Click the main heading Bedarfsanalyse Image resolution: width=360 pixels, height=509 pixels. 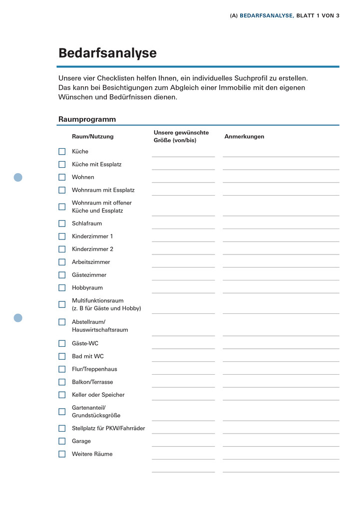[x=107, y=53]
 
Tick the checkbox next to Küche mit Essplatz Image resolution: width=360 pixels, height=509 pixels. [x=62, y=164]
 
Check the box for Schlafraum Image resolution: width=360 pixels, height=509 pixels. [x=62, y=224]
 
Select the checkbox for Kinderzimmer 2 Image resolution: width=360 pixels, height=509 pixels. [x=62, y=249]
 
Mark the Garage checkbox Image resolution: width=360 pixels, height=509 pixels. [x=62, y=441]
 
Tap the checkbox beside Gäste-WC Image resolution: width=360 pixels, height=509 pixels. [x=62, y=343]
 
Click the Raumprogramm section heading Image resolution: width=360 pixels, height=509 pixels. [x=87, y=119]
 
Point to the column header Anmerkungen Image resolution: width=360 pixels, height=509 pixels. [x=244, y=137]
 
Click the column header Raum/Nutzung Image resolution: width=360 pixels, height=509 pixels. [x=92, y=137]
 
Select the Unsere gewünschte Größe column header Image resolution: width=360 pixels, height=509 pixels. [x=181, y=136]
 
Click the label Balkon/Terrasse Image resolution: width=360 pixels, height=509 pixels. [x=92, y=382]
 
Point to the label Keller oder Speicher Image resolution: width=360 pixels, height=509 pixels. [x=98, y=395]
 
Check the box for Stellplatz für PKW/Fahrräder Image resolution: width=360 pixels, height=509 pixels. [x=62, y=428]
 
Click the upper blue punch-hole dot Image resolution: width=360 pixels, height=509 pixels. [x=18, y=177]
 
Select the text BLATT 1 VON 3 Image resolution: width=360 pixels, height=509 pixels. [x=318, y=15]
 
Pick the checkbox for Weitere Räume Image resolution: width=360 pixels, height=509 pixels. [x=62, y=454]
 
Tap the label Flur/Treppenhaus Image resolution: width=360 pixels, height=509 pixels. [x=94, y=369]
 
